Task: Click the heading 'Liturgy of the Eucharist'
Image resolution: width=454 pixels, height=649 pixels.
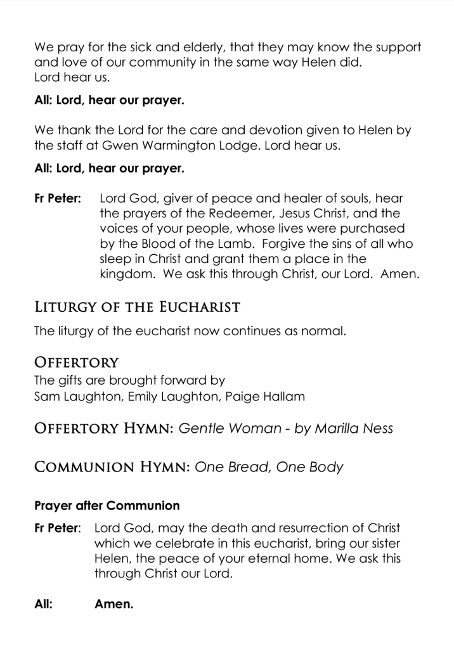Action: coord(137,308)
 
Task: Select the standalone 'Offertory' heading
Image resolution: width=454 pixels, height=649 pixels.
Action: coord(76,363)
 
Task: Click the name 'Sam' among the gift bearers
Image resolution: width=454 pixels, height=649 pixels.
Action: coord(46,396)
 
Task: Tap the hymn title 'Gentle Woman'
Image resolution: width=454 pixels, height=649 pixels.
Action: coord(230,428)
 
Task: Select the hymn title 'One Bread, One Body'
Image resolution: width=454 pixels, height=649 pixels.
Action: coord(269,467)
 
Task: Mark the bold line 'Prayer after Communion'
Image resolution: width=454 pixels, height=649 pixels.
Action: coord(107,506)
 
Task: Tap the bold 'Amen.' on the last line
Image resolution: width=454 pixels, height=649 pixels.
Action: coord(113,604)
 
